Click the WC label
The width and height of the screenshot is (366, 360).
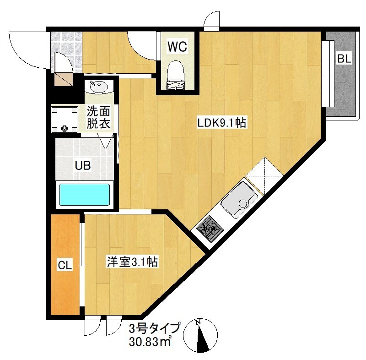[178, 47]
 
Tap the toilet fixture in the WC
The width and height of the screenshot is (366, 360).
[176, 75]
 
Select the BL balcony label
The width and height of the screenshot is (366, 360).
[344, 59]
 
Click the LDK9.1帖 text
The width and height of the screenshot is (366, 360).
[221, 123]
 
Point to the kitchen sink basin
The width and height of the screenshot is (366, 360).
[239, 200]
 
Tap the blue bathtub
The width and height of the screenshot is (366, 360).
[85, 194]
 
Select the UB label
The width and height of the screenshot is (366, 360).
[83, 165]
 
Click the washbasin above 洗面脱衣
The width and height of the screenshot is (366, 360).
[99, 87]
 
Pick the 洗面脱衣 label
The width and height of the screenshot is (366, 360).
[98, 118]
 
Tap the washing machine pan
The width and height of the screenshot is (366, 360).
[65, 120]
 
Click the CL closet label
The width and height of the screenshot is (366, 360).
[65, 265]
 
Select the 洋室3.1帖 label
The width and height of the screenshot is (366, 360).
[132, 262]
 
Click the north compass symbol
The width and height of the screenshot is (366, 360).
[200, 336]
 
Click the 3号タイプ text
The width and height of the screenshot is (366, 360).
[155, 328]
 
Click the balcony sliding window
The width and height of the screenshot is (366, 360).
[328, 74]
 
